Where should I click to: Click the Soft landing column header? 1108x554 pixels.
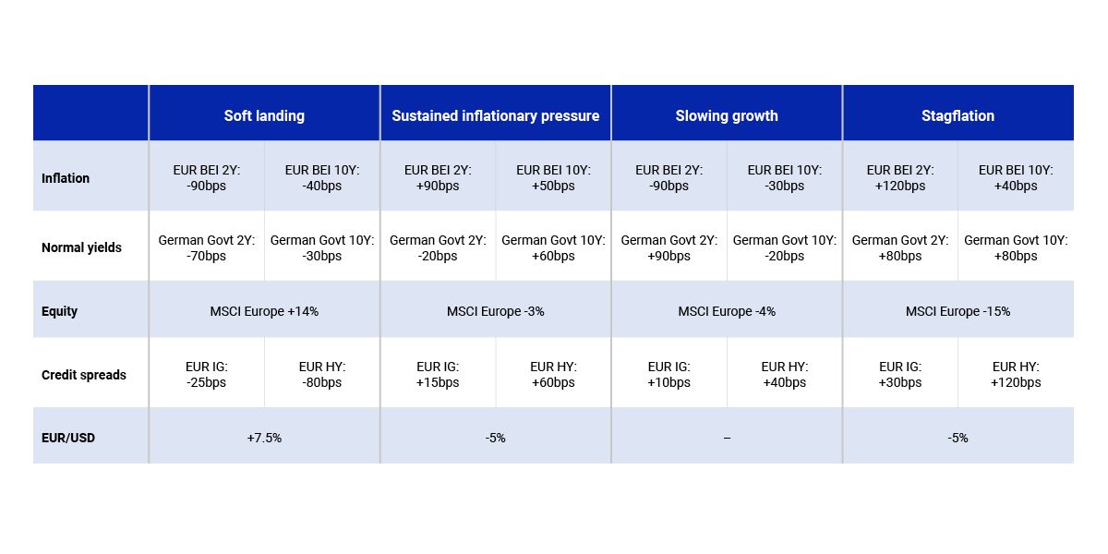[x=264, y=115]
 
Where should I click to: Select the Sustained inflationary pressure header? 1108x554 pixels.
[x=495, y=115]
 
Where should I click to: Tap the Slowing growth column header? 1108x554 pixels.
[x=727, y=115]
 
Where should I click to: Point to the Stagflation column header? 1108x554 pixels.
[x=957, y=115]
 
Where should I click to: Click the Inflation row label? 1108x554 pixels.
[x=66, y=178]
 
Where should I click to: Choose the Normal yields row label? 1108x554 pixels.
[x=81, y=247]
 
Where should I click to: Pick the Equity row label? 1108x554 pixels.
[x=59, y=311]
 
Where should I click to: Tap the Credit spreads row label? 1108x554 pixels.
[x=84, y=375]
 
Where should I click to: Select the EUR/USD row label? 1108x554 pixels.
[x=68, y=438]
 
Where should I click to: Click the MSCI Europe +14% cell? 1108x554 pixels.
[x=264, y=311]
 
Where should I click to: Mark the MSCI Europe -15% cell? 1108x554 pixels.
[x=957, y=311]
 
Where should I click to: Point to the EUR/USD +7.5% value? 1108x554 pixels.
[x=264, y=438]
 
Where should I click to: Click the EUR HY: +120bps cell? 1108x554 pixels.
[x=1016, y=375]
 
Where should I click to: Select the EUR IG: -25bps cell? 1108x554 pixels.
[x=207, y=375]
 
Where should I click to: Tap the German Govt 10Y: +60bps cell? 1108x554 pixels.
[x=553, y=247]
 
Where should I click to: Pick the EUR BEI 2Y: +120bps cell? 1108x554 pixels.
[x=900, y=178]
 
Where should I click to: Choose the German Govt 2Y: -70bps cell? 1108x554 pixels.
[x=207, y=247]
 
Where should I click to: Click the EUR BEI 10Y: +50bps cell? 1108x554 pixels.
[x=553, y=178]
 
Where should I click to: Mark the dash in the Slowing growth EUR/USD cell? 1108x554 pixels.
[x=727, y=438]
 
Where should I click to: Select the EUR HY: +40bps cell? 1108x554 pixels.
[x=785, y=375]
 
